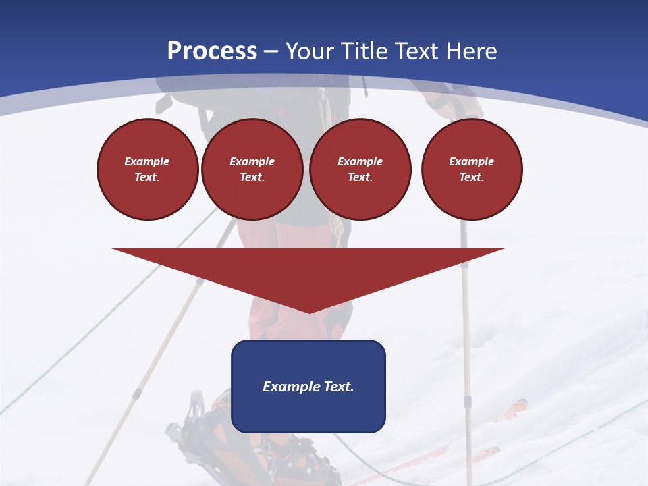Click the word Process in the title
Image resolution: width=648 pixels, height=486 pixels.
click(212, 51)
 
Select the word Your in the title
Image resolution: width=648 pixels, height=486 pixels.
click(308, 51)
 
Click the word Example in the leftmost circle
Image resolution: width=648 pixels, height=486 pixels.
click(147, 161)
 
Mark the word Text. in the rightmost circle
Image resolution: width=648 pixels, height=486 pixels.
click(472, 177)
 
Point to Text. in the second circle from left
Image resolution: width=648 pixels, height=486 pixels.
click(252, 177)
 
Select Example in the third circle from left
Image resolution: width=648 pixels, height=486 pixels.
click(360, 161)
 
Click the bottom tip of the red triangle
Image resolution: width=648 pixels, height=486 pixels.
click(309, 312)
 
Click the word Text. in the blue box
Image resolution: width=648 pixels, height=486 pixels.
click(335, 387)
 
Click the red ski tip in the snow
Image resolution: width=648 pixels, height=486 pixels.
click(516, 406)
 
